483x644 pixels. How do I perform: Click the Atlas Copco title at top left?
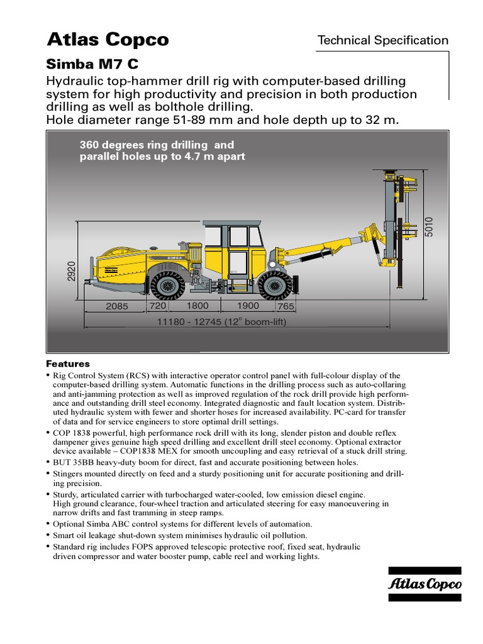(108, 40)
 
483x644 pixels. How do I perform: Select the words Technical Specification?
(382, 40)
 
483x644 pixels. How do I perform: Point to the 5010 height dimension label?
(429, 226)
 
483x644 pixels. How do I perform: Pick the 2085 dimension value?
(116, 306)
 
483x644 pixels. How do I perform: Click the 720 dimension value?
(157, 306)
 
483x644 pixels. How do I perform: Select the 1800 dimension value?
(197, 306)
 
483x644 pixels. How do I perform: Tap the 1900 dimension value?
(248, 306)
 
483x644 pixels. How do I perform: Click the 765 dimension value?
(286, 306)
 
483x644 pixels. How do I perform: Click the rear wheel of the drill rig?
(169, 284)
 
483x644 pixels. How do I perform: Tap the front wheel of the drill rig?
(274, 284)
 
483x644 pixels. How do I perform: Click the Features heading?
(68, 364)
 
